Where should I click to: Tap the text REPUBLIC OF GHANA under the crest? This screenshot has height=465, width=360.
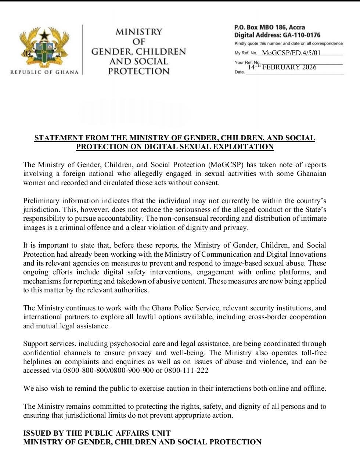click(44, 72)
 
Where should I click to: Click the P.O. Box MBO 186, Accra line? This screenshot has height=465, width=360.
click(269, 27)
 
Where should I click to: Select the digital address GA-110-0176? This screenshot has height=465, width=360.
click(301, 35)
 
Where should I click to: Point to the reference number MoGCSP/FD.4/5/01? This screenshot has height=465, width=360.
click(291, 53)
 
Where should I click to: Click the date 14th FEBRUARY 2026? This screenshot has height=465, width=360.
click(282, 67)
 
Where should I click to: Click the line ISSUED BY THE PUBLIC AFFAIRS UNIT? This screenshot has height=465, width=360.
click(97, 433)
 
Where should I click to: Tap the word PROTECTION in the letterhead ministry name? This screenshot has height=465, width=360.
click(138, 71)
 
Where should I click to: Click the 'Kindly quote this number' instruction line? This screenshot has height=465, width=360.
click(288, 43)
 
